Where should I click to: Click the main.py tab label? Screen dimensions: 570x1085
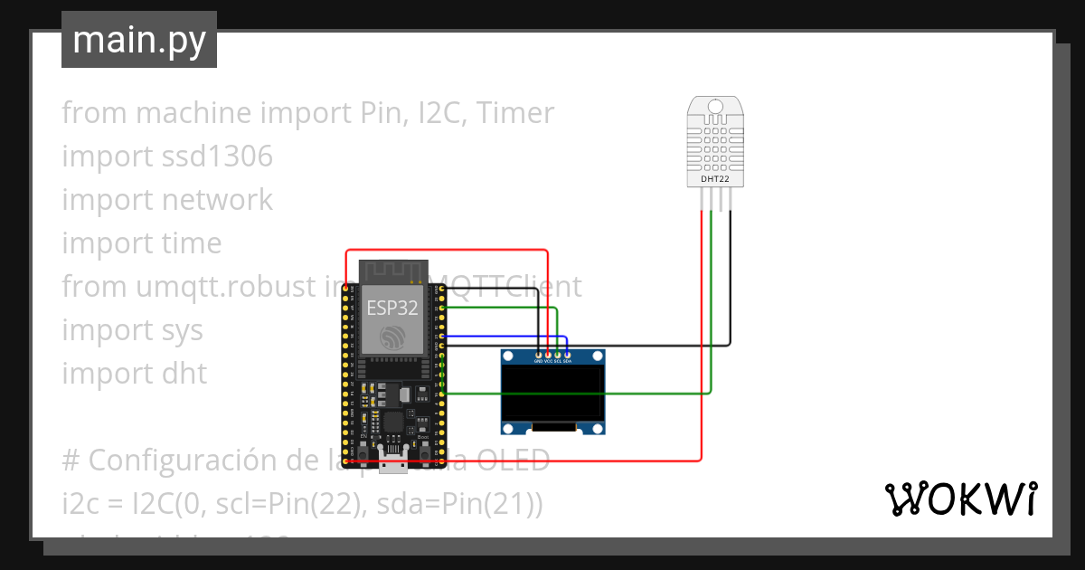click(138, 40)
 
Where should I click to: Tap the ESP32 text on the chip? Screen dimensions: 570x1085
click(392, 307)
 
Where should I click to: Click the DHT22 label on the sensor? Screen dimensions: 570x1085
click(715, 179)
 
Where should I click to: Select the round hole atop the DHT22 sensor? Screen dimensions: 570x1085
click(715, 107)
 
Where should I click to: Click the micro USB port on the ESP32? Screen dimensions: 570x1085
click(393, 464)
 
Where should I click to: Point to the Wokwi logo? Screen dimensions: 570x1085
click(960, 499)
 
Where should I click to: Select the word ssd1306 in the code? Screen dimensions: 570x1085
click(216, 157)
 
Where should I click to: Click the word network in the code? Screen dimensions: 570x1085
click(216, 200)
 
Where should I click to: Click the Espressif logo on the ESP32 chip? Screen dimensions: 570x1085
click(392, 337)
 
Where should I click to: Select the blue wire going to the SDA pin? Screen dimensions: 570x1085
click(506, 336)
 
